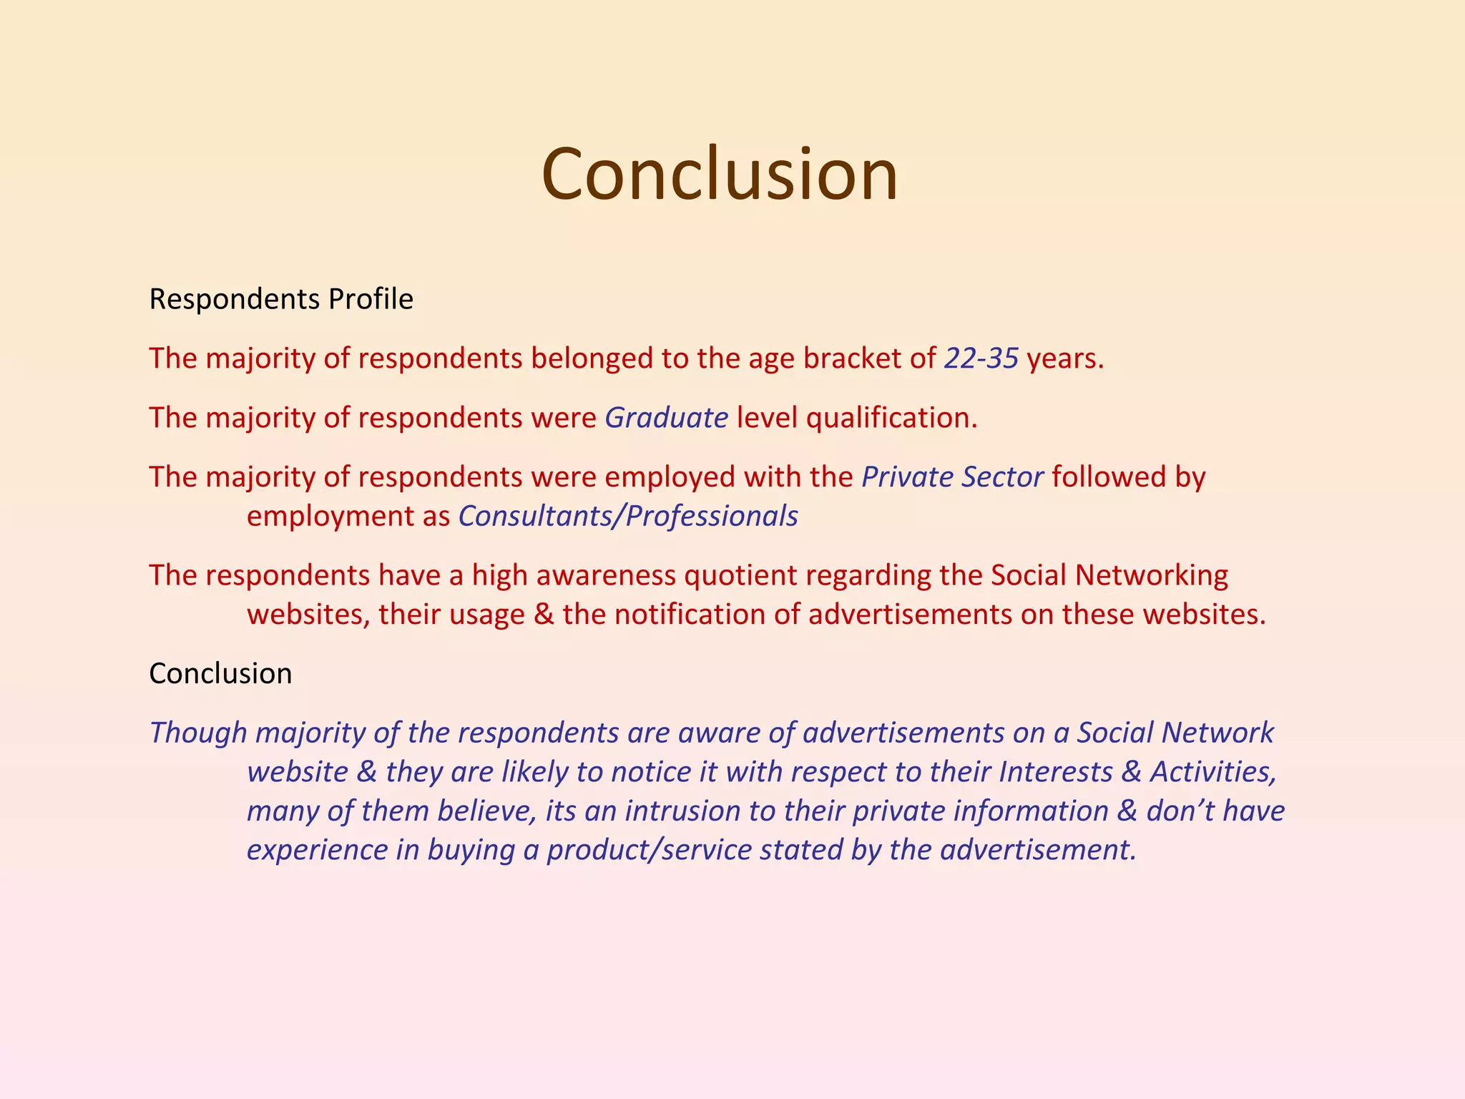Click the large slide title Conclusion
point(719,174)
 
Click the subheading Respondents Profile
point(281,299)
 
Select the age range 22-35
point(981,358)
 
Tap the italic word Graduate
point(666,417)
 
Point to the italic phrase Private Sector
point(952,477)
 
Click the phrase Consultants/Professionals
point(628,516)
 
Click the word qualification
point(891,418)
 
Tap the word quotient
point(740,575)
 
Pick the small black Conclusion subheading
point(220,673)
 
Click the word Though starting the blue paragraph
point(198,733)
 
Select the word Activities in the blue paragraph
point(1212,771)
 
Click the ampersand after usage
point(544,615)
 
